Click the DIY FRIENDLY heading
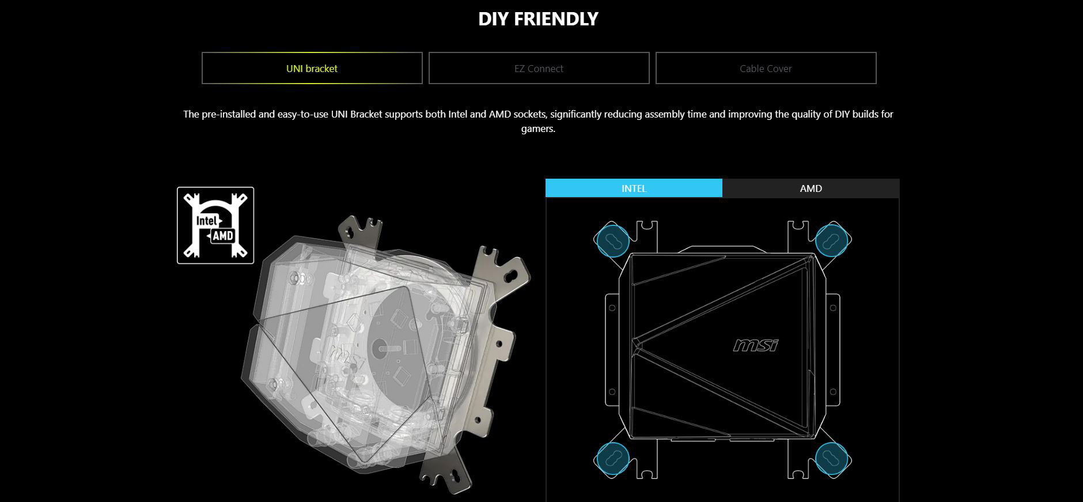pyautogui.click(x=538, y=19)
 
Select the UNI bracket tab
pyautogui.click(x=312, y=68)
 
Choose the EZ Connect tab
pyautogui.click(x=539, y=68)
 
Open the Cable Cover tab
pyautogui.click(x=766, y=68)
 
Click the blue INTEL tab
pyautogui.click(x=634, y=188)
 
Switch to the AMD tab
pyautogui.click(x=811, y=188)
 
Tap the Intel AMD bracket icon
pyautogui.click(x=215, y=225)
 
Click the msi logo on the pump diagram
pyautogui.click(x=756, y=345)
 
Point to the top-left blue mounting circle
pyautogui.click(x=612, y=240)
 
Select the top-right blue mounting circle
pyautogui.click(x=832, y=240)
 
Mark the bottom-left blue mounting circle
pyautogui.click(x=612, y=459)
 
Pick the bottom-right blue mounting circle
pyautogui.click(x=832, y=459)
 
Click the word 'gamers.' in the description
pyautogui.click(x=538, y=129)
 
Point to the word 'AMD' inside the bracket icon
pyautogui.click(x=224, y=236)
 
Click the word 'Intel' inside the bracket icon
pyautogui.click(x=206, y=221)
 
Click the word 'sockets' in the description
pyautogui.click(x=529, y=114)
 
